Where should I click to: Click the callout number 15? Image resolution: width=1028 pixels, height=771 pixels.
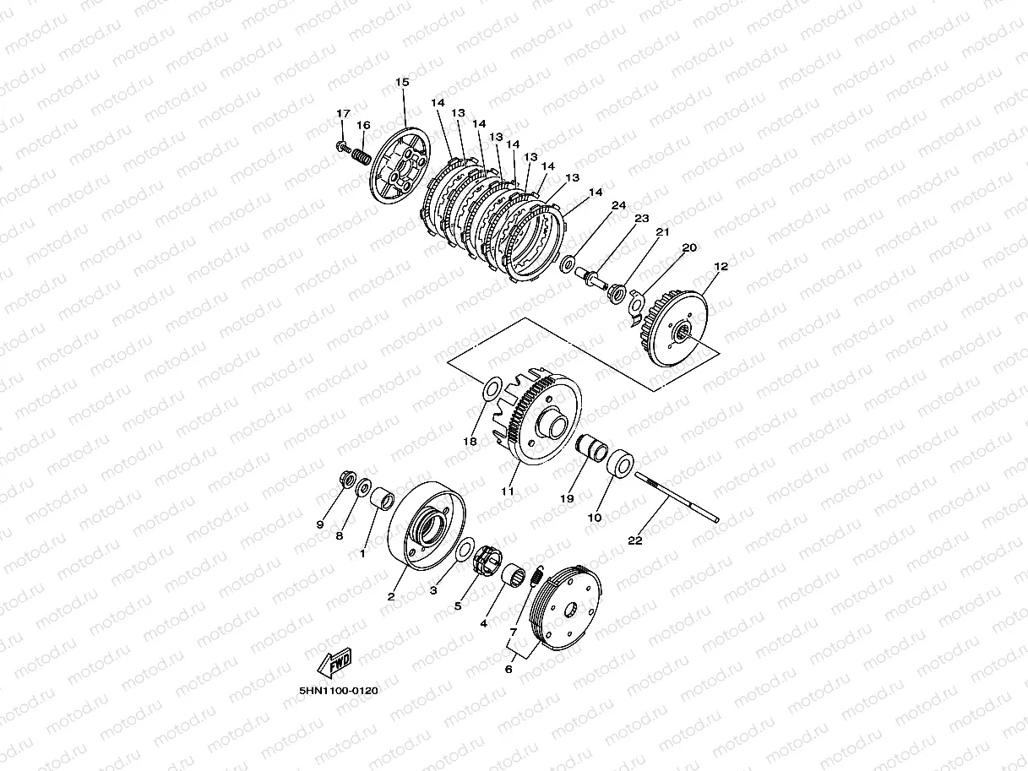(402, 83)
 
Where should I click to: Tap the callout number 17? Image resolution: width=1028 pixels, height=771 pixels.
(343, 114)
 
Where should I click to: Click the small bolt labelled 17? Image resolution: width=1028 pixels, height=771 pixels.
(343, 147)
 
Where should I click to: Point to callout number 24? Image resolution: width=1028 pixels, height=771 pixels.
(618, 205)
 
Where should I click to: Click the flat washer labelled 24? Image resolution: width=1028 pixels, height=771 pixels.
(568, 263)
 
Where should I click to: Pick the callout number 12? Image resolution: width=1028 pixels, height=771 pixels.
(721, 266)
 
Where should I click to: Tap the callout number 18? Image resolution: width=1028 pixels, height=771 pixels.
(470, 442)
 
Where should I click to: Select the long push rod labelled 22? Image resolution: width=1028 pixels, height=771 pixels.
(677, 497)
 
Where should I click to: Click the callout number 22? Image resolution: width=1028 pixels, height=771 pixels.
(635, 540)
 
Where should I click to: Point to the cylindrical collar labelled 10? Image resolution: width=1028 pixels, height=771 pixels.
(621, 463)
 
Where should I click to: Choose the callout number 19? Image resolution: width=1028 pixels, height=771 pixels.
(567, 499)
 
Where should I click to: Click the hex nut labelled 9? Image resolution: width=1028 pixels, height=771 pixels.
(347, 479)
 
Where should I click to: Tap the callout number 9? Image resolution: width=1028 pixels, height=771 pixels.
(320, 524)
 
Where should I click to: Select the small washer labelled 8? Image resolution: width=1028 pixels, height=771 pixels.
(364, 488)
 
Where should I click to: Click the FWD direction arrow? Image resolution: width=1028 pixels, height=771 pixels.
(335, 662)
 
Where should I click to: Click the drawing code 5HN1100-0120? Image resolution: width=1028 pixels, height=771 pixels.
(339, 691)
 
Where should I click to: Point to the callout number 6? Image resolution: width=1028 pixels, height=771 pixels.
(509, 670)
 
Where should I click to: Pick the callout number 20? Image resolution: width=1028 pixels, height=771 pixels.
(689, 247)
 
